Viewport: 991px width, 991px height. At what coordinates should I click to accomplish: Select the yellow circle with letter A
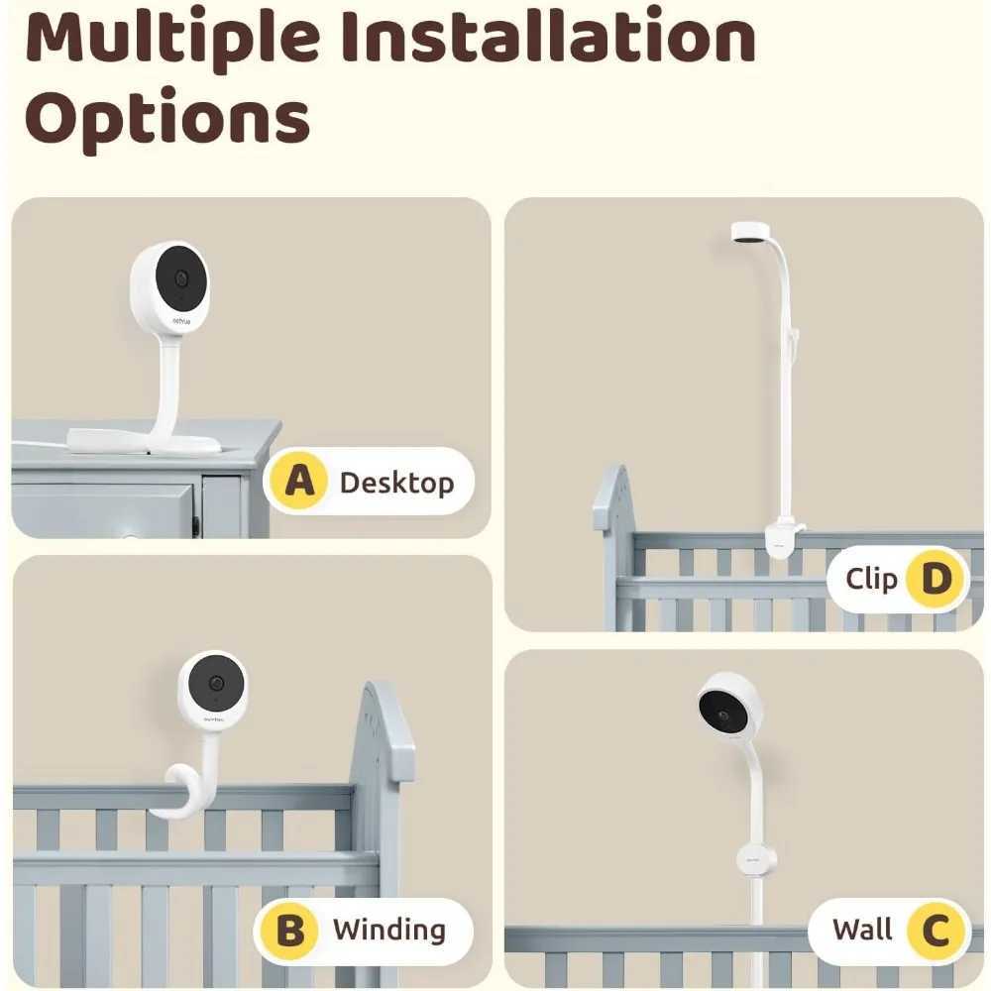point(298,482)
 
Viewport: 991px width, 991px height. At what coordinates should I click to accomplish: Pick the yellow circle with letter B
point(290,931)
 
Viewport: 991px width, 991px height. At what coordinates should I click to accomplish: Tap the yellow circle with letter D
point(936,579)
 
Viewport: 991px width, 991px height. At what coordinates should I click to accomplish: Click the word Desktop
point(396,483)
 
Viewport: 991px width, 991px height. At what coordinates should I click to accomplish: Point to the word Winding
point(388,931)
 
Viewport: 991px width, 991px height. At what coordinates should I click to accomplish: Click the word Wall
point(862,931)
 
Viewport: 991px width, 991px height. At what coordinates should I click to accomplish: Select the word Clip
point(871,579)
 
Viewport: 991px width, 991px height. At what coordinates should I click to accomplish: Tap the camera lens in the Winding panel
point(217,685)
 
